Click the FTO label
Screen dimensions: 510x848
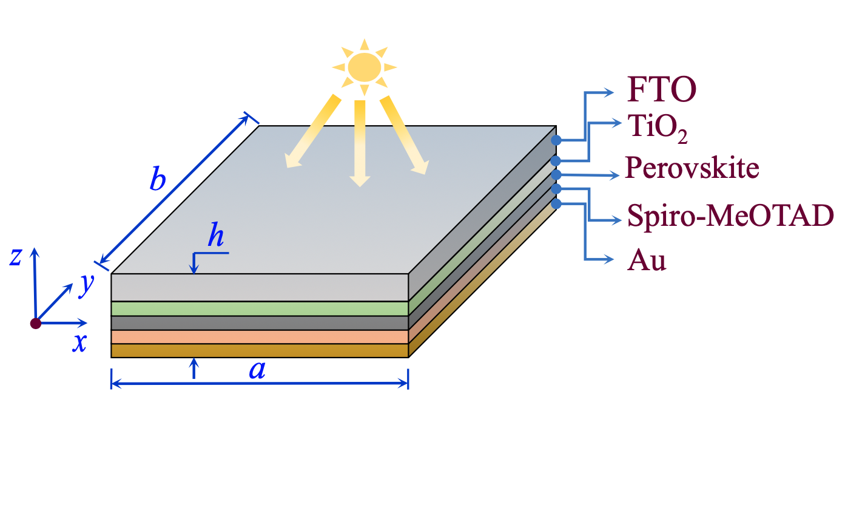(661, 90)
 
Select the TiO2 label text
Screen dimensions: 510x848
(658, 129)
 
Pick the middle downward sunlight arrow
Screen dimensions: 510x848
(360, 143)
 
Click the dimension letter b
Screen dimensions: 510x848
(158, 180)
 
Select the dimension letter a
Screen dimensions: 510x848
(258, 369)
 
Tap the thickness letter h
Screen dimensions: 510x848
(215, 235)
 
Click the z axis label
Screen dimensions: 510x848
(16, 257)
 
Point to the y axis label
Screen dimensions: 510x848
(87, 284)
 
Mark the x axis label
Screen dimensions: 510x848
(79, 343)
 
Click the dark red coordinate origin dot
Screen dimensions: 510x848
(36, 323)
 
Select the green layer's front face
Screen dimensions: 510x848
(260, 308)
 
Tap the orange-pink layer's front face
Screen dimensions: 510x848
(260, 337)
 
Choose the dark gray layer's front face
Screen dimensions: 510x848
(260, 323)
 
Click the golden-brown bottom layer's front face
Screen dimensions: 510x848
(260, 351)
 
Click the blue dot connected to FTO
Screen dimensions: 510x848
(556, 140)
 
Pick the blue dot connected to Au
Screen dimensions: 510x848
(556, 203)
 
